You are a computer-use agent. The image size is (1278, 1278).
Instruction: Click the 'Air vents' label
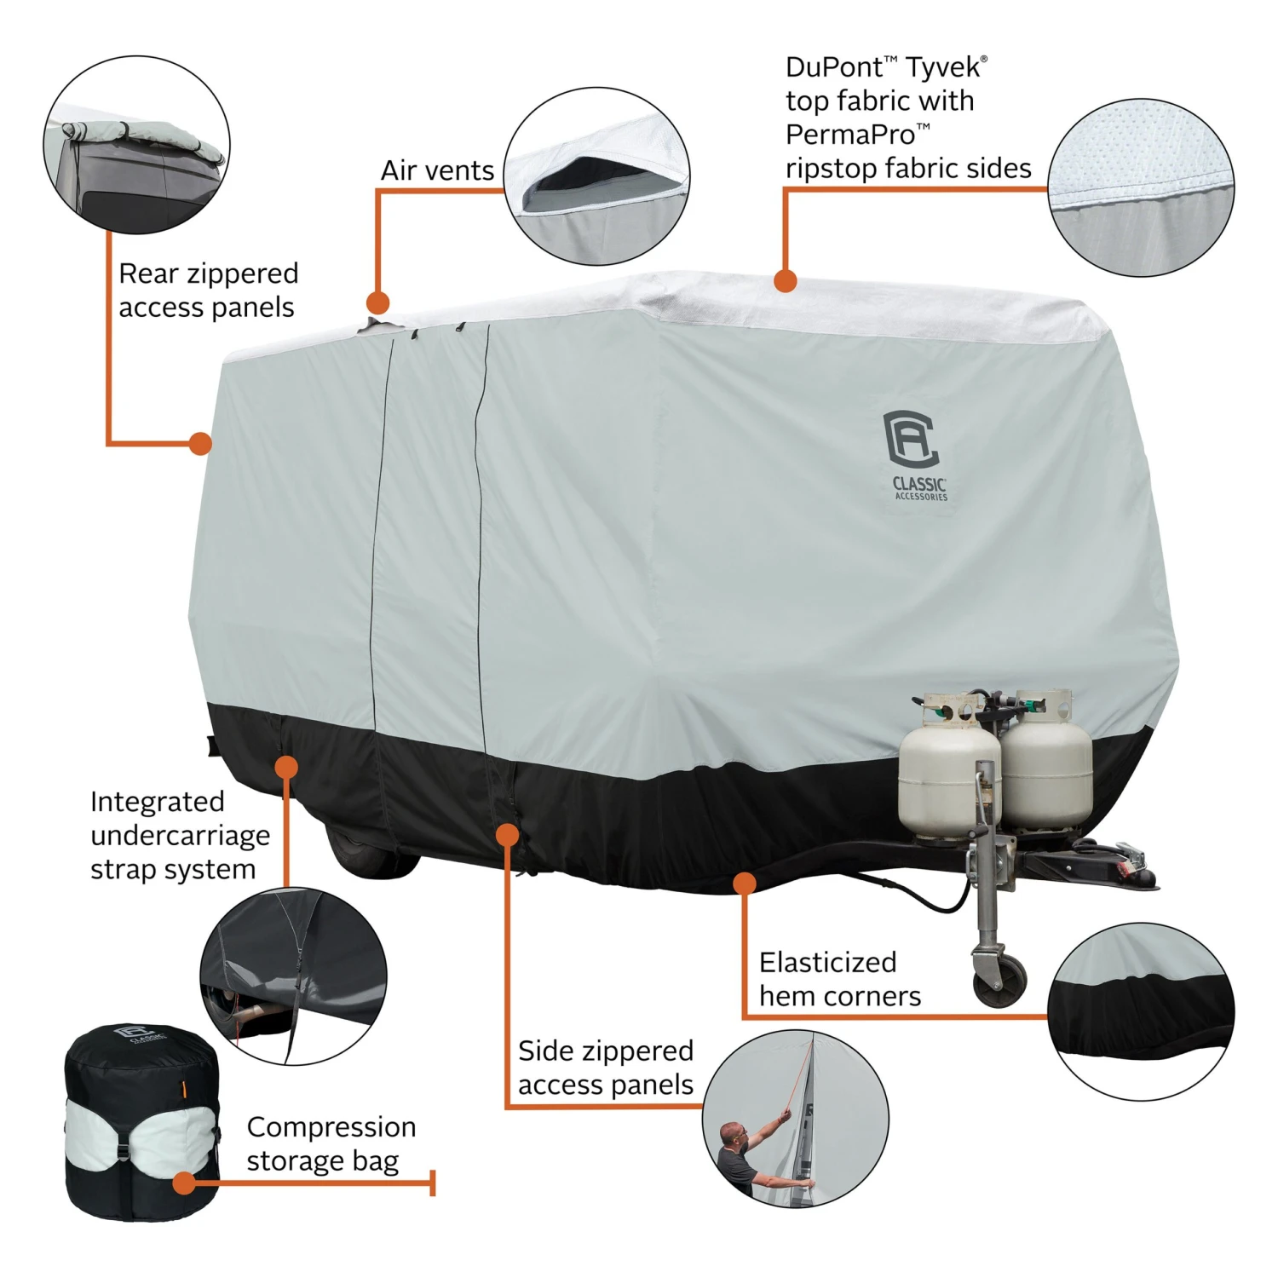(437, 170)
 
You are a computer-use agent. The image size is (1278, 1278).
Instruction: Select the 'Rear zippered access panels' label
(209, 290)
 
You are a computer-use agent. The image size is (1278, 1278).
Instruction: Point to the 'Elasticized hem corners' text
(840, 979)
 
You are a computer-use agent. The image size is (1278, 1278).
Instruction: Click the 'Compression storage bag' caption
(331, 1143)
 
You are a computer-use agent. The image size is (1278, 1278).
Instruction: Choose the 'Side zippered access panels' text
(606, 1068)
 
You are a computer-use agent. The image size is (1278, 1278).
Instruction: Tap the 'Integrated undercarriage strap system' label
(180, 835)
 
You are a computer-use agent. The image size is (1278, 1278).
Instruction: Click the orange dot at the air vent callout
(377, 302)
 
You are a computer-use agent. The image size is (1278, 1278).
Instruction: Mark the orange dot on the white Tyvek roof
(785, 280)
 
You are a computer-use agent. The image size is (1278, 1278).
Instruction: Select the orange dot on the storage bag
(183, 1183)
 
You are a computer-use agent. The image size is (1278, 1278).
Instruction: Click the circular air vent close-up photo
(596, 176)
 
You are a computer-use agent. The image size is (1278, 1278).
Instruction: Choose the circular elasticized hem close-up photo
(1141, 1011)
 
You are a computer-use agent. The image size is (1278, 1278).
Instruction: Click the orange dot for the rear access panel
(200, 443)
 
